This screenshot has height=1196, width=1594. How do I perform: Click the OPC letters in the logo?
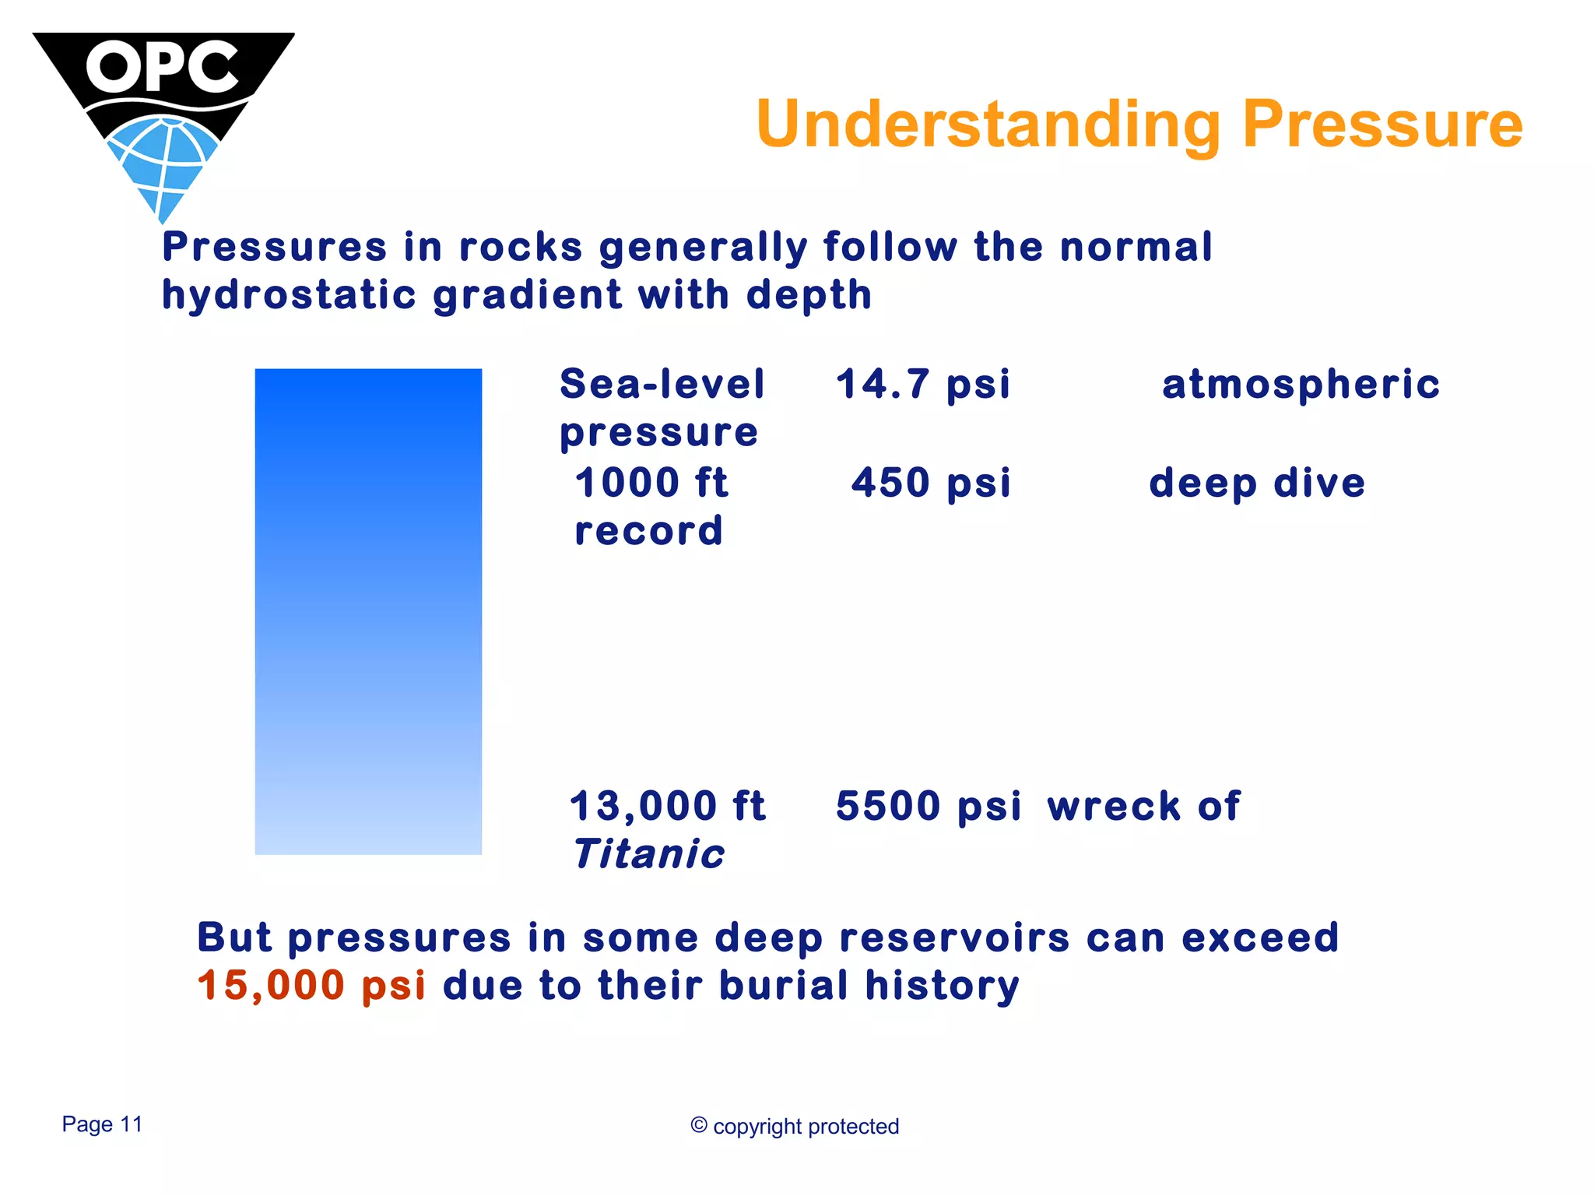click(x=162, y=67)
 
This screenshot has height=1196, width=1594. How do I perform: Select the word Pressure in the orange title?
click(x=1382, y=125)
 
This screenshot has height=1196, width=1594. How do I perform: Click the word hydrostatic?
click(x=289, y=296)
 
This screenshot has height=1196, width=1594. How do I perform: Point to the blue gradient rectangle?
click(x=368, y=611)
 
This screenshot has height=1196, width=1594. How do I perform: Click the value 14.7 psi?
click(x=923, y=384)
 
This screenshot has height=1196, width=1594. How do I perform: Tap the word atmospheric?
click(x=1301, y=384)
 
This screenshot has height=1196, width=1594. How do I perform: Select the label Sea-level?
click(x=662, y=384)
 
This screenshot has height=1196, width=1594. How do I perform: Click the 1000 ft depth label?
click(x=651, y=483)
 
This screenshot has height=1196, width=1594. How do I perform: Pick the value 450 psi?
click(x=931, y=483)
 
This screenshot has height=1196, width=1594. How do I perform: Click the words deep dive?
click(x=1257, y=483)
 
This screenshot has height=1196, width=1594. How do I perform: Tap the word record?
click(x=648, y=531)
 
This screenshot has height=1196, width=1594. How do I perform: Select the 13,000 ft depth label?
click(x=668, y=806)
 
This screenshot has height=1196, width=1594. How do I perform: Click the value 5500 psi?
click(x=928, y=806)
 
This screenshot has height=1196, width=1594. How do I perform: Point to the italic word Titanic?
click(x=648, y=854)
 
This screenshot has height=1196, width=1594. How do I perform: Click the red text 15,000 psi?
click(x=311, y=985)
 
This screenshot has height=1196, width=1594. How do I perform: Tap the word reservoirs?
click(x=954, y=937)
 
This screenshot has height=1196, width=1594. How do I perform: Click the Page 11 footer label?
click(x=102, y=1124)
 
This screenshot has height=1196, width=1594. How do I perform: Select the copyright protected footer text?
click(x=795, y=1127)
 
